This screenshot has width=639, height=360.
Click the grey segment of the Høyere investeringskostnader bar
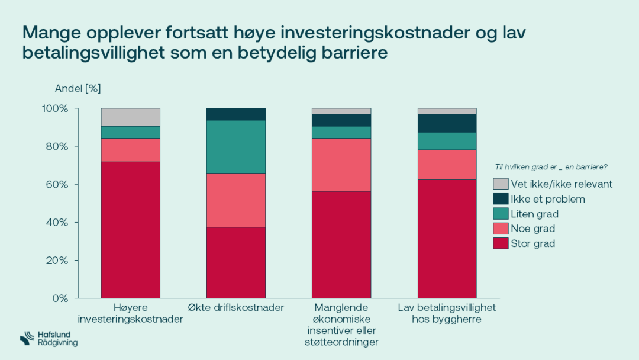pyautogui.click(x=130, y=117)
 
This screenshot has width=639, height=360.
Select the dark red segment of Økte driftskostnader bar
pyautogui.click(x=235, y=262)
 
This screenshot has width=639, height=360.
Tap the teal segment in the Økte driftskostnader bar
pyautogui.click(x=235, y=147)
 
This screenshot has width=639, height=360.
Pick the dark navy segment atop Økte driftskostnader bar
pyautogui.click(x=235, y=114)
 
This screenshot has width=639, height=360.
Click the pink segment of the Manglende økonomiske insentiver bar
pyautogui.click(x=341, y=164)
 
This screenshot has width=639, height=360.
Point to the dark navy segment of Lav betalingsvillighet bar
pyautogui.click(x=447, y=123)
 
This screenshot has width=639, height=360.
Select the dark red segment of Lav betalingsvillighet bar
pyautogui.click(x=447, y=238)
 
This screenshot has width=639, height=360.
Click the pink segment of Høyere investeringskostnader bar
pyautogui.click(x=130, y=149)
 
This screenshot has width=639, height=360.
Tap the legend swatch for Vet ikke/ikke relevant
pyautogui.click(x=501, y=184)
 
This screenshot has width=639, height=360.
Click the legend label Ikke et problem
pyautogui.click(x=547, y=199)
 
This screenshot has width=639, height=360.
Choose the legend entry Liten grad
pyautogui.click(x=534, y=214)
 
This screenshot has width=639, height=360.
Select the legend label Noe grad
pyautogui.click(x=532, y=229)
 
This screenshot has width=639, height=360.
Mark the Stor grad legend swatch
pyautogui.click(x=501, y=243)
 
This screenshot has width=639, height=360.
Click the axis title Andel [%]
pyautogui.click(x=78, y=89)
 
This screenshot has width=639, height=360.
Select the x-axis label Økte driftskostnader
pyautogui.click(x=235, y=307)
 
